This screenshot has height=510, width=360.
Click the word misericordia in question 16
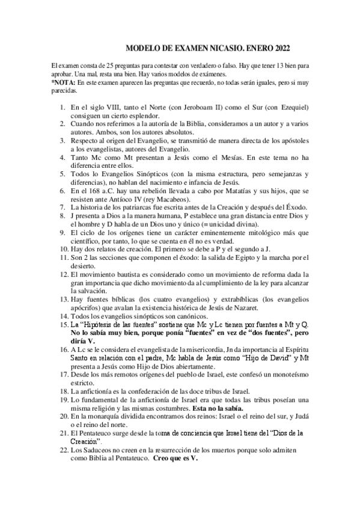pos(200,348)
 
